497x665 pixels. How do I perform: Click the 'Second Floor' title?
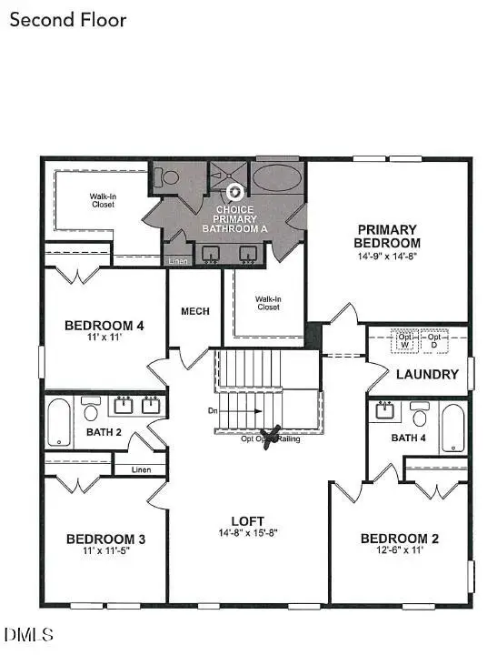tap(68, 19)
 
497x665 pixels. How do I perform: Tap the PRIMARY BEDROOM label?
tap(387, 237)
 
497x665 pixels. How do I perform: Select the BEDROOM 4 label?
tap(104, 326)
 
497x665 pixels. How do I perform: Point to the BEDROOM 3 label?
tap(106, 539)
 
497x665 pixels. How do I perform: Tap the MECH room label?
tap(195, 311)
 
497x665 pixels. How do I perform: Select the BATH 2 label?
tap(104, 431)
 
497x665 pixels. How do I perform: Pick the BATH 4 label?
tap(408, 438)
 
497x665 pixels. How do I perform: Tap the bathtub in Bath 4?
tap(453, 427)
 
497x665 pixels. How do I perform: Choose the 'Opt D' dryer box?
tap(433, 340)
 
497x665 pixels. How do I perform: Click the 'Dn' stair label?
tap(213, 411)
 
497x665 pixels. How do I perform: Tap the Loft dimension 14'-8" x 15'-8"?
tap(246, 532)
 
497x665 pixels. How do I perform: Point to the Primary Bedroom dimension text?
tap(387, 257)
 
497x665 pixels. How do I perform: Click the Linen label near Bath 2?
tap(140, 469)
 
